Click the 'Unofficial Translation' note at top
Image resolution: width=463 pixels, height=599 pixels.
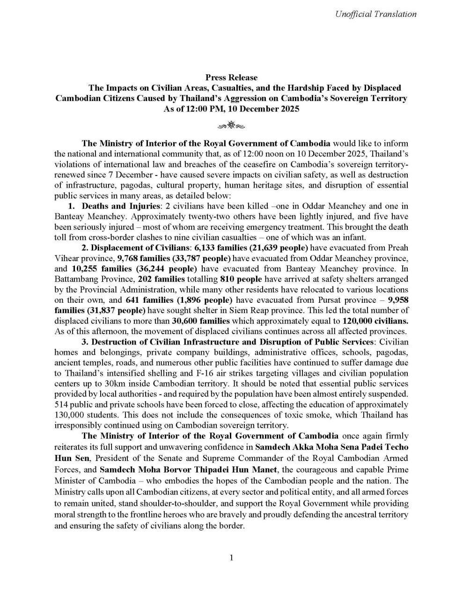pyautogui.click(x=375, y=14)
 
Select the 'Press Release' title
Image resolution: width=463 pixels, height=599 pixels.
pyautogui.click(x=231, y=77)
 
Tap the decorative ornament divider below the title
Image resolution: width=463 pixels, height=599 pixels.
pyautogui.click(x=231, y=125)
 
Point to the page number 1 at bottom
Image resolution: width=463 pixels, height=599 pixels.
pyautogui.click(x=231, y=557)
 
